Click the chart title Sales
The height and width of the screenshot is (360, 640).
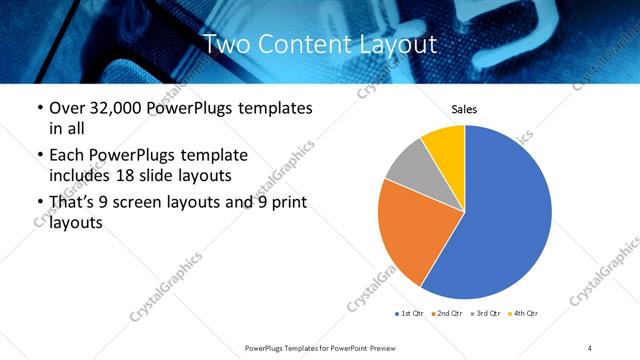464,108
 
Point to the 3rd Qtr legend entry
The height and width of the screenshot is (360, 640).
485,314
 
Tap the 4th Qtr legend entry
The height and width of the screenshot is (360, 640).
523,314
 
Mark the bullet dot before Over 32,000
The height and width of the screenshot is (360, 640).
39,108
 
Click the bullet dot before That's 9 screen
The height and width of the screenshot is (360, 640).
39,203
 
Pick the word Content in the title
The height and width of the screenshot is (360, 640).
306,44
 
